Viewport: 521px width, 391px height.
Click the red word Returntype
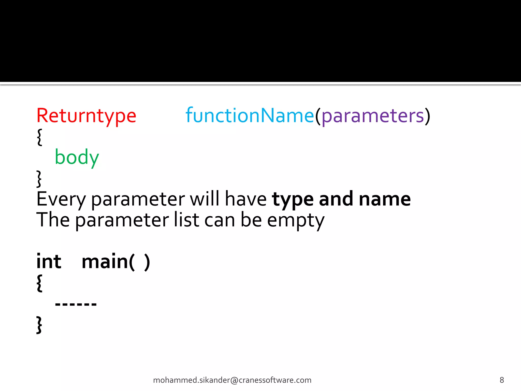(86, 116)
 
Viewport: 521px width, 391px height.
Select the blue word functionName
(250, 116)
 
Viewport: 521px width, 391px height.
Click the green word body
(77, 157)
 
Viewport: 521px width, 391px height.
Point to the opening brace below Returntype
(39, 137)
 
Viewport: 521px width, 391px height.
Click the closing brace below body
(39, 179)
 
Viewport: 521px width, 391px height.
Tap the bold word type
(293, 199)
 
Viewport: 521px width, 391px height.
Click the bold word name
(385, 199)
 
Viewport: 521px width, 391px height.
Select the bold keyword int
(49, 261)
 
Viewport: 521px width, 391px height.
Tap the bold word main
(105, 261)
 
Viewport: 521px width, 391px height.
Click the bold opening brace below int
(39, 283)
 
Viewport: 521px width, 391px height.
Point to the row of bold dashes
(76, 304)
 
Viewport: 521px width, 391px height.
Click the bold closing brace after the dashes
(39, 325)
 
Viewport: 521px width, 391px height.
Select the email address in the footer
(232, 380)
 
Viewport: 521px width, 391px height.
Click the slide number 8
(502, 380)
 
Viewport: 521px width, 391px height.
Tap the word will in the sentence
(205, 199)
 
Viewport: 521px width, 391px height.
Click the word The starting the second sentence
(53, 220)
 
